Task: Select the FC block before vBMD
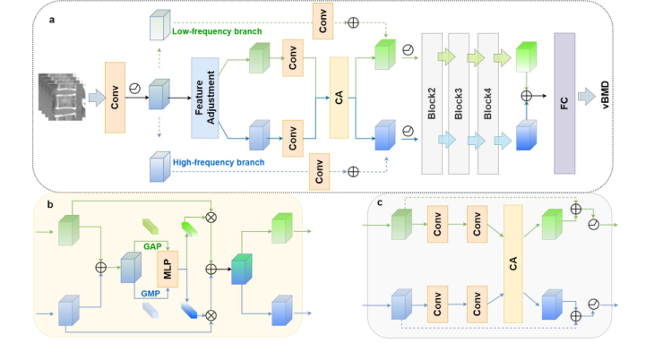[564, 101]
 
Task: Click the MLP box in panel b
[167, 267]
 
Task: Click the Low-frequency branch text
[216, 33]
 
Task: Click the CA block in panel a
[339, 98]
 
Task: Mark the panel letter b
[48, 204]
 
